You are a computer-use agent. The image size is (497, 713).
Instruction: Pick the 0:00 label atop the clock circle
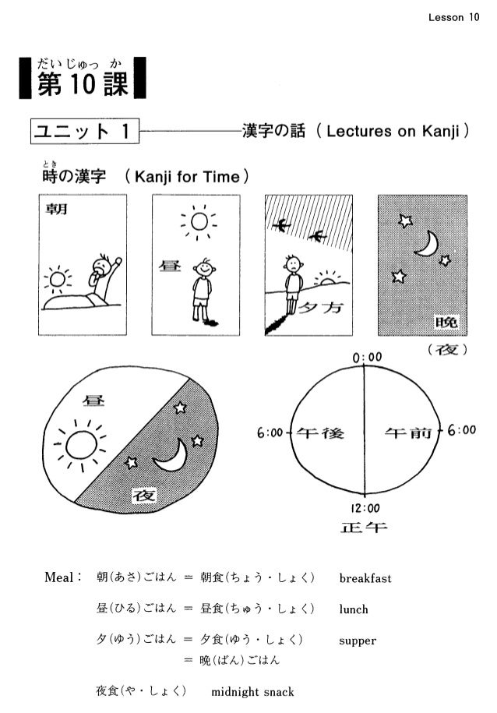(x=366, y=356)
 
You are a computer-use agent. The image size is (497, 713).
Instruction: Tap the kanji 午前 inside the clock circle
(x=406, y=432)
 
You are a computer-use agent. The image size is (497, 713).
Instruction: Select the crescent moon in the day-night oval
(x=173, y=456)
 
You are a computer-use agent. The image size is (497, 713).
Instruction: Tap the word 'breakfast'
(x=365, y=578)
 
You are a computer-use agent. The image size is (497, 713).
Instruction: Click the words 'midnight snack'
(x=253, y=692)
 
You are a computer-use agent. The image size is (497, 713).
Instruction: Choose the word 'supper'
(x=358, y=641)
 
